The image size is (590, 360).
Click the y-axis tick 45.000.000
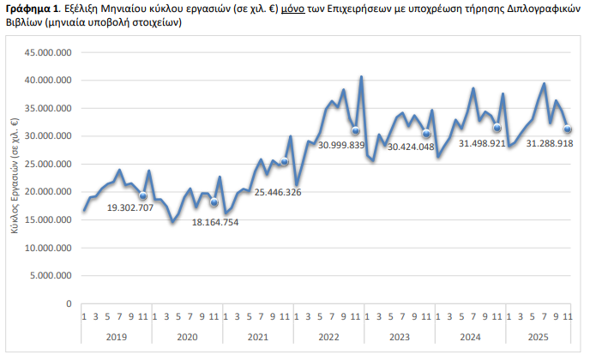click(x=47, y=53)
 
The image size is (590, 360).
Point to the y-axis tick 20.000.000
click(x=47, y=192)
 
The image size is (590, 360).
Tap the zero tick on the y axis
click(x=69, y=303)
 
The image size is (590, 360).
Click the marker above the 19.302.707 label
click(x=143, y=196)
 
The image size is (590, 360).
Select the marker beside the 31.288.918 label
click(x=568, y=129)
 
